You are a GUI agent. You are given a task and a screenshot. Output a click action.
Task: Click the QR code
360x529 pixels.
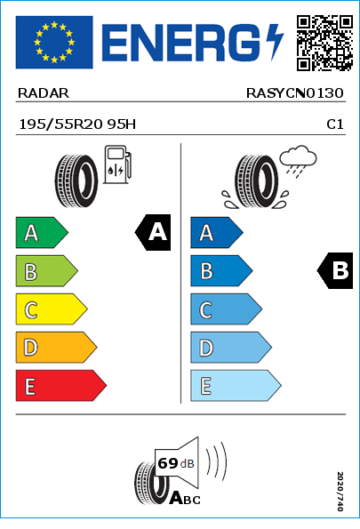pyautogui.click(x=324, y=43)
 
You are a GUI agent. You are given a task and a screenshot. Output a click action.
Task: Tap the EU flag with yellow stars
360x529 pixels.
pyautogui.click(x=54, y=42)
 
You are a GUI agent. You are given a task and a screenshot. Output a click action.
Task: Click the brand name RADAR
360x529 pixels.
pyautogui.click(x=44, y=93)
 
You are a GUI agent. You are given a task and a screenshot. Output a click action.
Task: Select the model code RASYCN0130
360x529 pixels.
pyautogui.click(x=294, y=93)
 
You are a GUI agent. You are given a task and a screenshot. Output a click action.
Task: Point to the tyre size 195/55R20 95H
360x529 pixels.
pyautogui.click(x=77, y=124)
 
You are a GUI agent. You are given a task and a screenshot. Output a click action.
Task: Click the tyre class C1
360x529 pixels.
pyautogui.click(x=335, y=124)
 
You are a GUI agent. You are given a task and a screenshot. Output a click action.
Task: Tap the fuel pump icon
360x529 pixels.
pyautogui.click(x=117, y=164)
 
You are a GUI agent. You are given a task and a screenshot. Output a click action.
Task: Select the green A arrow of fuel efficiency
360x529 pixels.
pyautogui.click(x=42, y=232)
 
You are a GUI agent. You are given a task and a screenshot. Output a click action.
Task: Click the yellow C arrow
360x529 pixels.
pyautogui.click(x=52, y=309)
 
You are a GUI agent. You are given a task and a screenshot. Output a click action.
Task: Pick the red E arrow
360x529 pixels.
pyautogui.click(x=60, y=386)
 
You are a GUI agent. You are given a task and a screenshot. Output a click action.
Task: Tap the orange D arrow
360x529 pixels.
pyautogui.click(x=56, y=348)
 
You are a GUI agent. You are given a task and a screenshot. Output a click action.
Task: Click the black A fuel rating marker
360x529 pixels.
pyautogui.click(x=153, y=232)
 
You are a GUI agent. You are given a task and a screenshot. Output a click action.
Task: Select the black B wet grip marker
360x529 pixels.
pyautogui.click(x=335, y=270)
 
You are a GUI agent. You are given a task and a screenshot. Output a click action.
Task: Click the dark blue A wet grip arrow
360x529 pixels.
pyautogui.click(x=217, y=232)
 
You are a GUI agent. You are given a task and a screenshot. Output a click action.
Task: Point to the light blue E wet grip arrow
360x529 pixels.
pyautogui.click(x=236, y=386)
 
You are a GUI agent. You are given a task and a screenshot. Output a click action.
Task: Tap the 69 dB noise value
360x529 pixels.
pyautogui.click(x=176, y=463)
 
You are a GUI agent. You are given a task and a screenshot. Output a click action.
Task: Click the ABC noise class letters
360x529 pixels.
pyautogui.click(x=185, y=498)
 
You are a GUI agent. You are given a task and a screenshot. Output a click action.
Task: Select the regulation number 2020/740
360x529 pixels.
pyautogui.click(x=340, y=491)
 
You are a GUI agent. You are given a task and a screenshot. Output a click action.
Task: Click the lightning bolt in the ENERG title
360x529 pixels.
pyautogui.click(x=275, y=42)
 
